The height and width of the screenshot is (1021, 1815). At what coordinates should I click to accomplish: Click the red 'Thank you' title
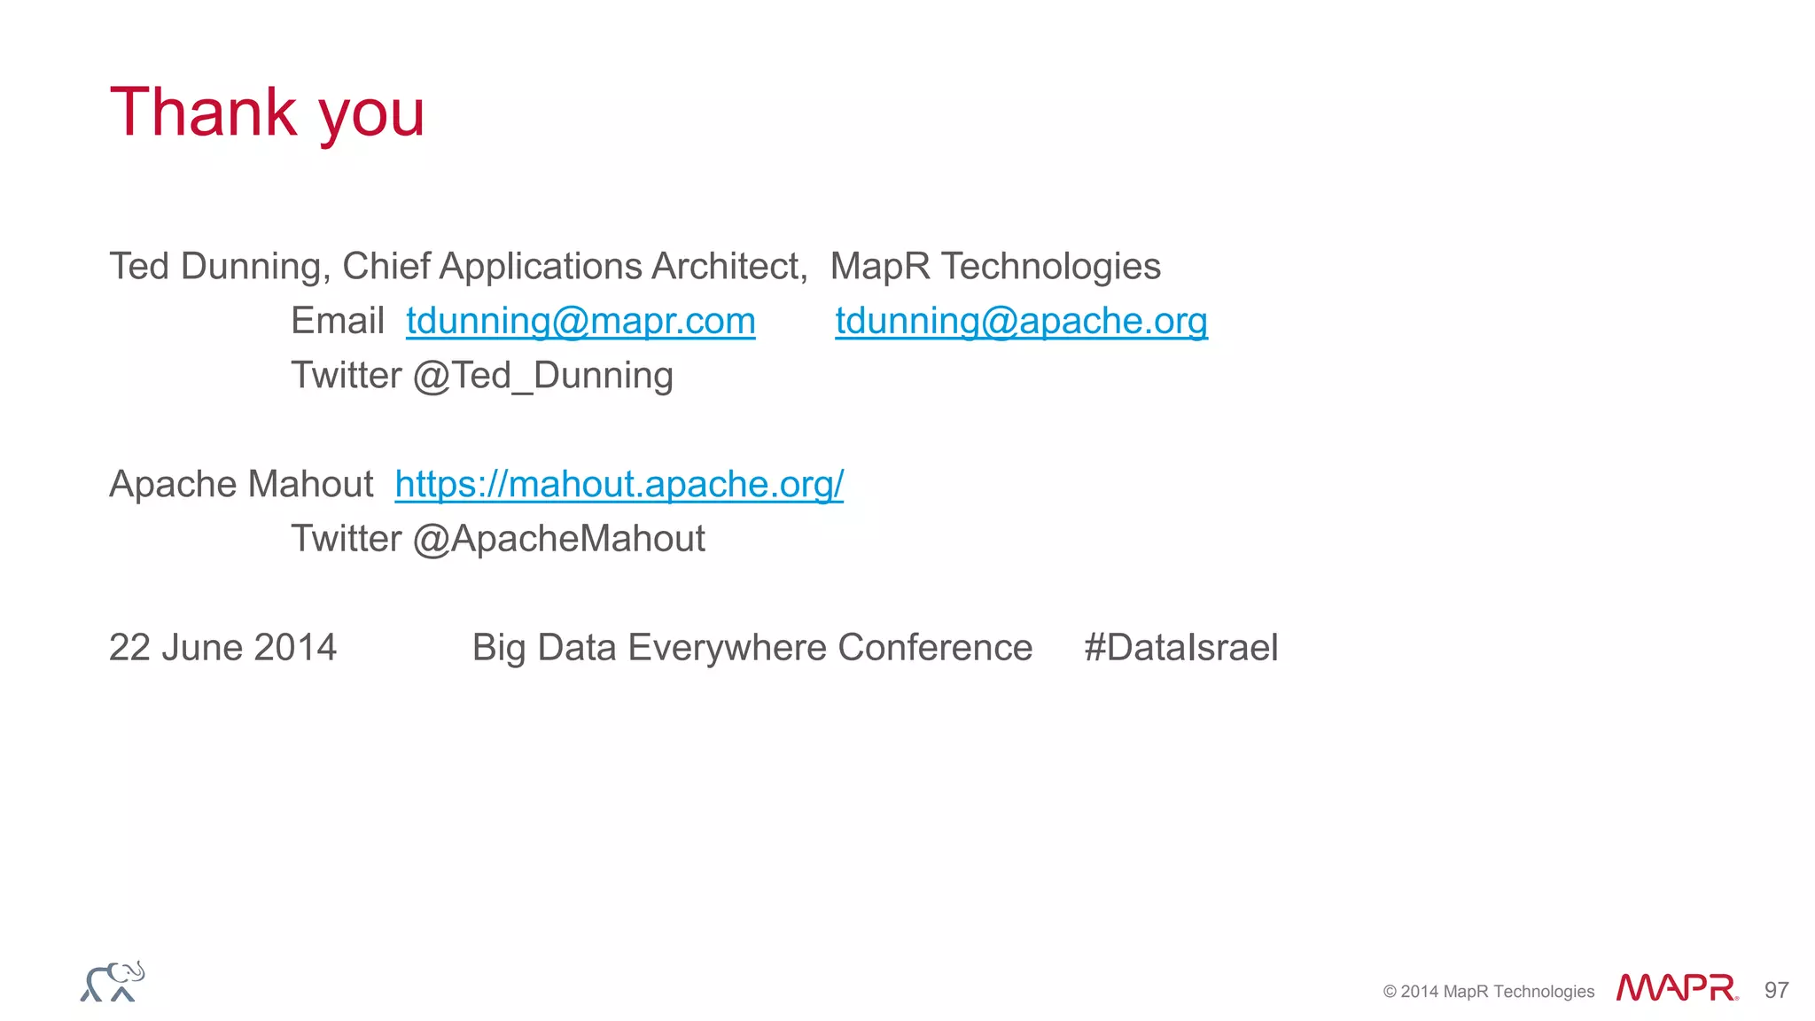[x=267, y=113]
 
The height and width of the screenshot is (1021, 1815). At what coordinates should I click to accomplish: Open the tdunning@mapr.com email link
[x=580, y=321]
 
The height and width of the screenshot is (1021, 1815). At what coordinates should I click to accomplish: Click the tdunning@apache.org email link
[x=1021, y=321]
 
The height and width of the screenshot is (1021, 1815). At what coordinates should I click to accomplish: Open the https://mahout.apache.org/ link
[x=619, y=484]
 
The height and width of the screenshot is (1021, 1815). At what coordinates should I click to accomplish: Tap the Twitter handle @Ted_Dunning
[x=543, y=376]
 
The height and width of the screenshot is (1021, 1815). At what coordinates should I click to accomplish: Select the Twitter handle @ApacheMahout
[x=559, y=539]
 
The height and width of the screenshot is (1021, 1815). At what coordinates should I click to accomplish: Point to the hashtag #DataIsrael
[x=1180, y=648]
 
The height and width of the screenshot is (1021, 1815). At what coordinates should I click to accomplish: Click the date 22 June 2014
[x=222, y=648]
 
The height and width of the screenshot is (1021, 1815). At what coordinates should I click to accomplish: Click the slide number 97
[x=1776, y=990]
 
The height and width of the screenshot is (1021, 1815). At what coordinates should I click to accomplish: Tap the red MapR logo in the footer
[x=1676, y=988]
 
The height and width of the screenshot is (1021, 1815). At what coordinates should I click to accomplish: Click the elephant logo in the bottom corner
[x=113, y=982]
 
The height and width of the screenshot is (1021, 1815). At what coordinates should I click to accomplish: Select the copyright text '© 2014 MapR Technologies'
[x=1488, y=992]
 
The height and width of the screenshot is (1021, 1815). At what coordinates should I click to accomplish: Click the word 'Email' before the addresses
[x=337, y=321]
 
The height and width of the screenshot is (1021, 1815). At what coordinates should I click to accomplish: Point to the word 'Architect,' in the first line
[x=729, y=267]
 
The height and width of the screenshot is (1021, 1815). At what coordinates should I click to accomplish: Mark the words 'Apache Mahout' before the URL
[x=241, y=485]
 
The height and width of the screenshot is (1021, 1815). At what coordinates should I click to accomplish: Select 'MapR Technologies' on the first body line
[x=995, y=267]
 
